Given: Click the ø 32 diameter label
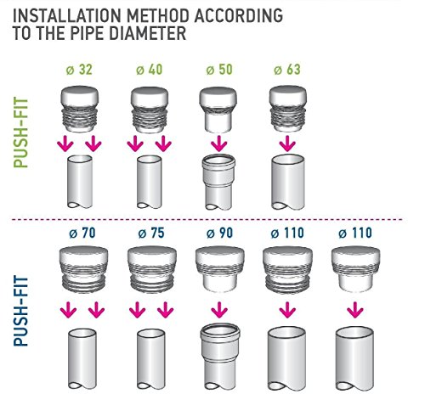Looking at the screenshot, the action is pos(79,70).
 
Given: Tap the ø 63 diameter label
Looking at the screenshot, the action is pos(287,70).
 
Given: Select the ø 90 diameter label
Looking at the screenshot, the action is pos(220,233).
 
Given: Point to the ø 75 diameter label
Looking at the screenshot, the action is pos(151,233).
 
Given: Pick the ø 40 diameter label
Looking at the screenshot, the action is pos(150,70).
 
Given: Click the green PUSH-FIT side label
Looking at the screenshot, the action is pos(21,132).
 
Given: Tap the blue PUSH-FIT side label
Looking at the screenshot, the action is pos(21,312).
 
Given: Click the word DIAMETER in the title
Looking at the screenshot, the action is pos(147,33).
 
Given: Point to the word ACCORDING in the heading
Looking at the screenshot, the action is pos(239,15).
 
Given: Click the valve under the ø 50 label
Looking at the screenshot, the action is pos(218,110).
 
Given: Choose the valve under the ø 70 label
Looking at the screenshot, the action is pos(84,269).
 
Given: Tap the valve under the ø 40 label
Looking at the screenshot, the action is pos(150,110).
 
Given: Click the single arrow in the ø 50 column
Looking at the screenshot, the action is pos(218,144).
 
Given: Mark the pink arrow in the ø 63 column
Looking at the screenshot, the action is pos(287,144).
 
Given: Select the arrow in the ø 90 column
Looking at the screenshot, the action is pos(219,310).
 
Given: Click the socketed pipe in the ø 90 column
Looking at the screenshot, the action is pos(220,357).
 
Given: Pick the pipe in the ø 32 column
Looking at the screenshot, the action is pos(80,182).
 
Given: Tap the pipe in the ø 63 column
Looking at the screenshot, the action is pos(288,182).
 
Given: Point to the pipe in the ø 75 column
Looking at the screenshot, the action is pos(151,359).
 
